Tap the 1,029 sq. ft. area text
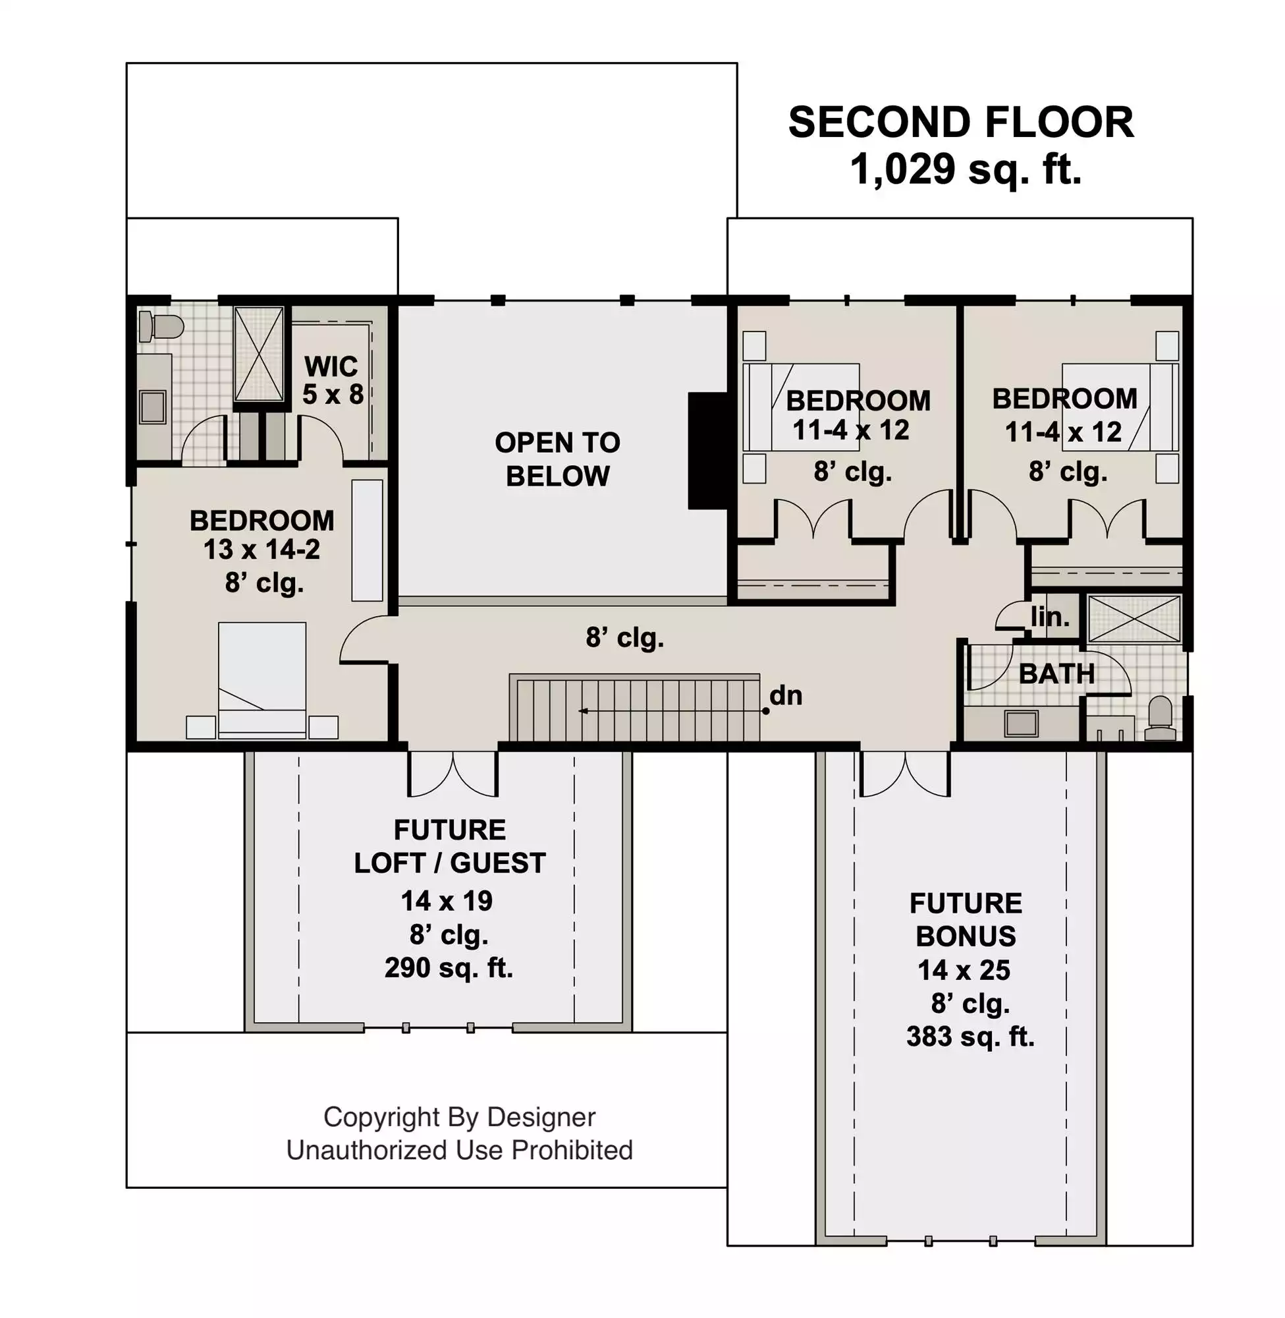click(966, 169)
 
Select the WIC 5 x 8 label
click(332, 380)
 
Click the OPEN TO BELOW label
click(557, 459)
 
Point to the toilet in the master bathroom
click(161, 328)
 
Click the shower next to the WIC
click(259, 354)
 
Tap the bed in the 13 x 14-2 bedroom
click(262, 680)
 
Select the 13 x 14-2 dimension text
click(262, 550)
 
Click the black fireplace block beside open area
click(707, 450)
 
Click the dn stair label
click(786, 695)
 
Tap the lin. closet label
click(1049, 617)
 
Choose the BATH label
click(1057, 674)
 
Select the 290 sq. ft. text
click(449, 967)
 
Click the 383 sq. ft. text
click(970, 1037)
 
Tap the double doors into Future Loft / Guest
click(453, 774)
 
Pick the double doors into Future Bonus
click(906, 774)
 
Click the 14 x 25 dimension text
click(964, 970)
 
